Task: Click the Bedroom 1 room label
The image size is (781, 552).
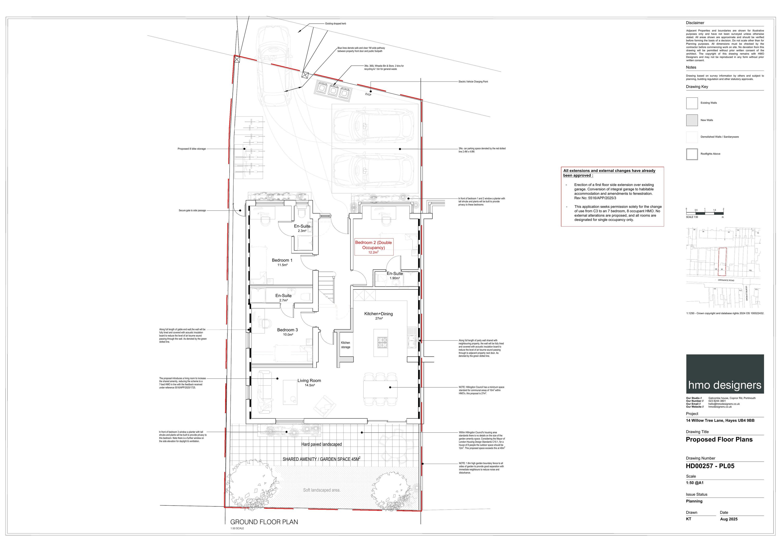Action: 282,262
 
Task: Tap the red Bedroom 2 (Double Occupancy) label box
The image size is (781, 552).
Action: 374,247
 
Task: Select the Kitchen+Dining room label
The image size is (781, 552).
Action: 378,315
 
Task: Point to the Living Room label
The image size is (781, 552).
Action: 309,382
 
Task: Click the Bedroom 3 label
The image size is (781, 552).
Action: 287,332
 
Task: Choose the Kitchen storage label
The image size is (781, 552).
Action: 346,345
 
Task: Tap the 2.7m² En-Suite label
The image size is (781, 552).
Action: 283,298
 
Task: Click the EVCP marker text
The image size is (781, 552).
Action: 368,94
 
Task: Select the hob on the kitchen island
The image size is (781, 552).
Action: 381,342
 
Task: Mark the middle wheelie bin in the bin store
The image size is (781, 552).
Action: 333,90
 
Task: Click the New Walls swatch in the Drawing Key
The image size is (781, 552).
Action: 692,120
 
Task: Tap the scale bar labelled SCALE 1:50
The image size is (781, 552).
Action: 704,213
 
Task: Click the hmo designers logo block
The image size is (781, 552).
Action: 725,374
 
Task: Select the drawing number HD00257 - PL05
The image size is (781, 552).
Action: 710,466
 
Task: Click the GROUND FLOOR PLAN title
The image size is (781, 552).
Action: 264,522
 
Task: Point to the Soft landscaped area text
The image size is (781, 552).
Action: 322,490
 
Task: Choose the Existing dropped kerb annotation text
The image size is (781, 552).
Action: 335,24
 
